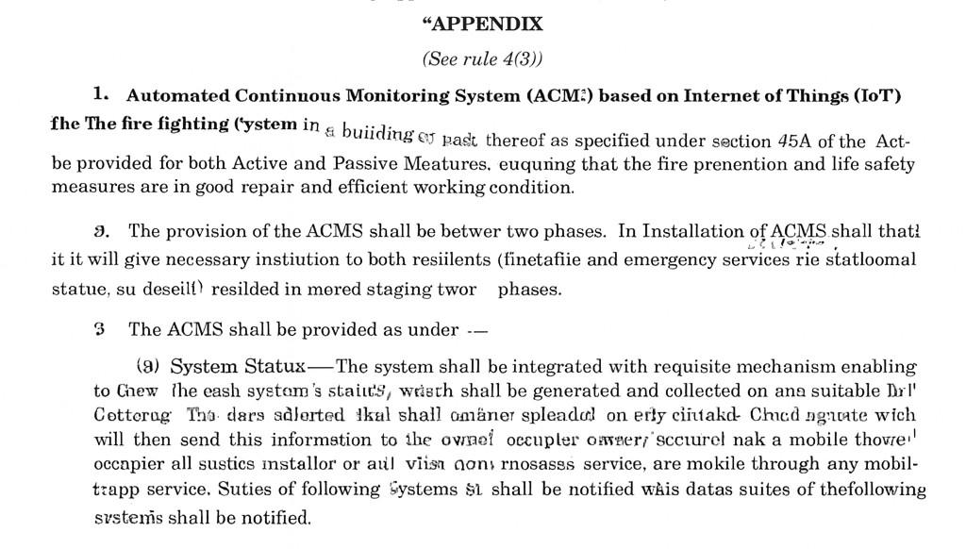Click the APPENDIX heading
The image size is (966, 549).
point(483,23)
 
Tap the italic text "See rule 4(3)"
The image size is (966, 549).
point(482,58)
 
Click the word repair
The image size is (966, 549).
point(249,187)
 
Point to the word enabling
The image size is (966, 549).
point(878,367)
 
